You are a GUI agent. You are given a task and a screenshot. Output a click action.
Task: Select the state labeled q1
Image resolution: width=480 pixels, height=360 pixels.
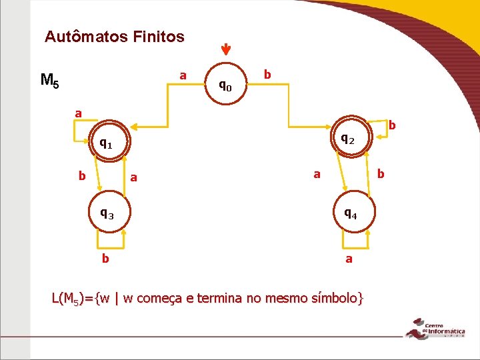click(x=105, y=143)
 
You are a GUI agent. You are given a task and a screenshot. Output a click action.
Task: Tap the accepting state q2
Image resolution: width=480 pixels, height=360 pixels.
click(x=348, y=139)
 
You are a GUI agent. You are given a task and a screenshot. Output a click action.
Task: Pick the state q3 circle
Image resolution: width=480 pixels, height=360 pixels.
click(x=107, y=214)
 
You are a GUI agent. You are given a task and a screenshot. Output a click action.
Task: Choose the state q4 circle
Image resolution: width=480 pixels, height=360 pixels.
click(x=350, y=214)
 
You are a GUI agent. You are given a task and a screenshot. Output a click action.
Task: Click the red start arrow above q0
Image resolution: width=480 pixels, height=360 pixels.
click(x=226, y=50)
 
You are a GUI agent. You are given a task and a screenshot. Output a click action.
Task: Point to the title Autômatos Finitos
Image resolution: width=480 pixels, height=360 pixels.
click(x=114, y=37)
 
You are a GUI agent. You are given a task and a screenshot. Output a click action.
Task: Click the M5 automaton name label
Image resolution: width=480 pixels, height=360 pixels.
click(x=49, y=81)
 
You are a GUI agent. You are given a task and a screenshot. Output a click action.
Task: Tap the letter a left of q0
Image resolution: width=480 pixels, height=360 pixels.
click(x=183, y=75)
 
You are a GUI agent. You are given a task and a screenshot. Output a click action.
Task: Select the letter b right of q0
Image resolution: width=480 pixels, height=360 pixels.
click(x=267, y=74)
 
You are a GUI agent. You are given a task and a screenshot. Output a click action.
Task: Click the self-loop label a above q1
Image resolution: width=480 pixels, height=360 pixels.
click(x=78, y=113)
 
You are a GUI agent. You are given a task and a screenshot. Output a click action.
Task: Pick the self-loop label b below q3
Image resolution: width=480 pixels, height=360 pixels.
click(x=105, y=257)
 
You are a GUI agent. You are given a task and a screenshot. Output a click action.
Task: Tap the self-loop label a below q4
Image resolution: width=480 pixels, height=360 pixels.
click(x=349, y=258)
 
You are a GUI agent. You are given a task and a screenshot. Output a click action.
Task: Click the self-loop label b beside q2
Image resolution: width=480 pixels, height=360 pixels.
click(x=392, y=125)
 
